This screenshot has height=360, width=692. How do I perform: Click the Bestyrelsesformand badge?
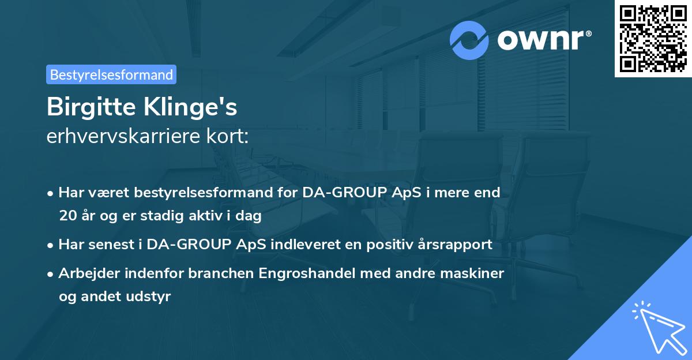[111, 74]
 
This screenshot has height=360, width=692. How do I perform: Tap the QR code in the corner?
[653, 38]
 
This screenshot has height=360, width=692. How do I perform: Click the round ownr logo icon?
[469, 40]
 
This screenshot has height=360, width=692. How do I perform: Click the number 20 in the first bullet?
[67, 216]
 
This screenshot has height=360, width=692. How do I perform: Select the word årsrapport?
[457, 244]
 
